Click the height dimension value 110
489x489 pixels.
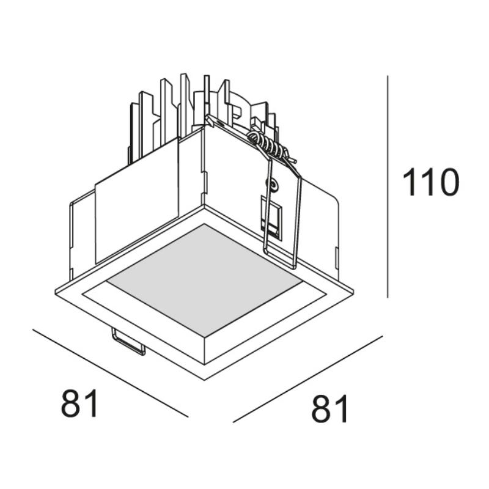(431, 182)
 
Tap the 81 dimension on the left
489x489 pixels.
(79, 403)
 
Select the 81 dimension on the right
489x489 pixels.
(329, 408)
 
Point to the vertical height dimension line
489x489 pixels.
(388, 186)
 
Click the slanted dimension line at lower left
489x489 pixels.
(111, 373)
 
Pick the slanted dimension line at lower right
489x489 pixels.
(308, 379)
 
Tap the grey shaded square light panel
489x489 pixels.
(204, 281)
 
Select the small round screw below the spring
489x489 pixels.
(273, 185)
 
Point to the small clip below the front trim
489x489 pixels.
(129, 342)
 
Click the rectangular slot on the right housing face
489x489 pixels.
(271, 218)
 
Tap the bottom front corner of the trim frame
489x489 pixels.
(204, 380)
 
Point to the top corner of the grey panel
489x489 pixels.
(204, 224)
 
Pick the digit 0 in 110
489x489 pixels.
(448, 182)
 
